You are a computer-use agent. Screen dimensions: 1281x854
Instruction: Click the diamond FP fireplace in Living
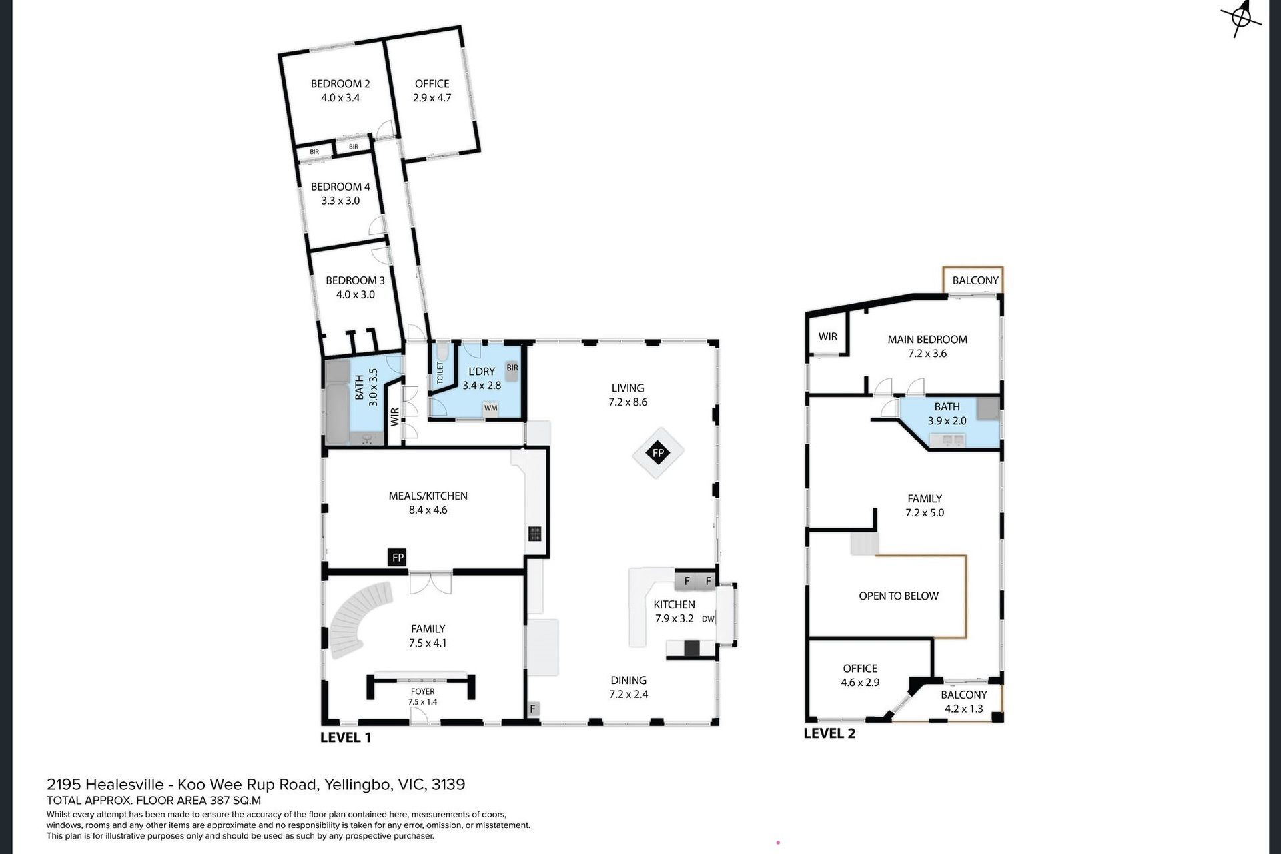click(x=659, y=453)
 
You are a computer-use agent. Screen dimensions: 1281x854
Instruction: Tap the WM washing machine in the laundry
click(x=491, y=408)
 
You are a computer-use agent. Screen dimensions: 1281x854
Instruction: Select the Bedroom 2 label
click(x=340, y=83)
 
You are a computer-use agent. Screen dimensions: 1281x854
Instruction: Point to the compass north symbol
click(x=1242, y=17)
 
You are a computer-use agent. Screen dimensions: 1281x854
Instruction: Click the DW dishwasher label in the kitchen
click(x=708, y=619)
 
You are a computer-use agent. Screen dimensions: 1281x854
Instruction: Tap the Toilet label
click(x=440, y=373)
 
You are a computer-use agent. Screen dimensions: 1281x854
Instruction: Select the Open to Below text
click(x=899, y=596)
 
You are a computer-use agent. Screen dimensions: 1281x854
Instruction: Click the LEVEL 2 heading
click(x=829, y=733)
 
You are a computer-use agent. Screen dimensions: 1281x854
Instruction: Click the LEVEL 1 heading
click(x=346, y=737)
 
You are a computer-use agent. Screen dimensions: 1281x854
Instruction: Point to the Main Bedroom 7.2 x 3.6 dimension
click(x=927, y=353)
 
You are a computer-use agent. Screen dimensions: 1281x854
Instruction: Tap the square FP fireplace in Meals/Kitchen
click(x=398, y=558)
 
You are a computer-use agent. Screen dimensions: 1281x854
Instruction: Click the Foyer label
click(x=423, y=691)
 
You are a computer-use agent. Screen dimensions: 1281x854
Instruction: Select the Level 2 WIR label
click(x=828, y=337)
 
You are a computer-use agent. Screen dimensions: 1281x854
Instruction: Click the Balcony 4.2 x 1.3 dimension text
click(x=964, y=709)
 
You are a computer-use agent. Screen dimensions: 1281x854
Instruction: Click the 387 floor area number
click(x=220, y=801)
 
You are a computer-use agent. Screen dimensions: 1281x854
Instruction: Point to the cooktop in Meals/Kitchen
click(x=535, y=534)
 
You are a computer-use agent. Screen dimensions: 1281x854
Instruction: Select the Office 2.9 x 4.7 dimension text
click(x=432, y=97)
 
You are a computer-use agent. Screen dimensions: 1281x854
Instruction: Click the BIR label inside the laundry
click(x=512, y=368)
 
